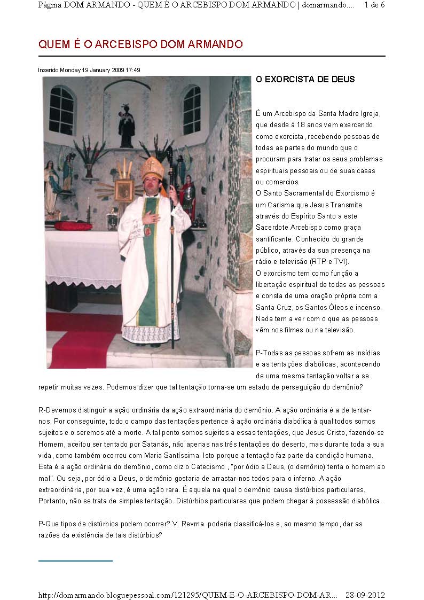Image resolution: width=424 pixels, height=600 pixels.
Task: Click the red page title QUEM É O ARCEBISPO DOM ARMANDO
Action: click(x=140, y=44)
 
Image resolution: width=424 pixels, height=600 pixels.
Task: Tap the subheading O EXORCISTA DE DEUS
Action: click(x=305, y=80)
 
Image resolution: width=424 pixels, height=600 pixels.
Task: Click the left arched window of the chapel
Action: click(x=62, y=110)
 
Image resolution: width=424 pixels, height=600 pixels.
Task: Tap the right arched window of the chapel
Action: click(x=192, y=110)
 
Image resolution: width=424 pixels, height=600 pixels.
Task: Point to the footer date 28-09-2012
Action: click(x=365, y=595)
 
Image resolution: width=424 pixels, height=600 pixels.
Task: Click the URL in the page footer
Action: click(x=187, y=595)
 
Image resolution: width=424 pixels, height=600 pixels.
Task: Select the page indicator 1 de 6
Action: click(x=374, y=5)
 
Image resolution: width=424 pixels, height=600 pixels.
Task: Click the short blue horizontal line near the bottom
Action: click(x=75, y=561)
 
